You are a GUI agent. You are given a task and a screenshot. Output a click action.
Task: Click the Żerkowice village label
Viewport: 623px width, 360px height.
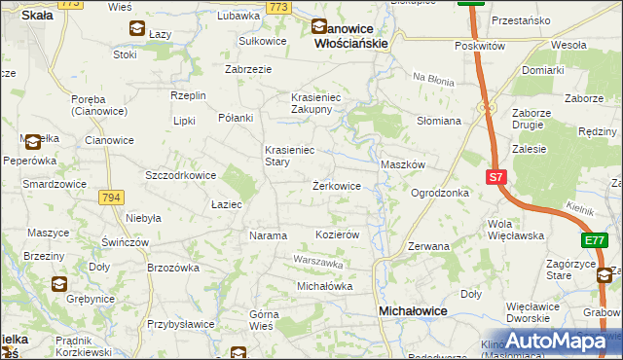[x=337, y=185]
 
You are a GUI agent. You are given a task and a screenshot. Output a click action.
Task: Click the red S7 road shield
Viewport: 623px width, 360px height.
[x=496, y=177]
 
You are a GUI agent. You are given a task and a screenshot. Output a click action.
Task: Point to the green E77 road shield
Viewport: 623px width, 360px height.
[x=596, y=239]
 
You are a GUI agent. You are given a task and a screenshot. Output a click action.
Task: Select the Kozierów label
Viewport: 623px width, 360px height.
[x=339, y=235]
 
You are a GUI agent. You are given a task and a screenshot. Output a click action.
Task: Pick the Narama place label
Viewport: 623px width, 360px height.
[x=269, y=235]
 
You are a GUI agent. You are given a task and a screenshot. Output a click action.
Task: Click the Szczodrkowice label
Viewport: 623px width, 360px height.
[x=180, y=175]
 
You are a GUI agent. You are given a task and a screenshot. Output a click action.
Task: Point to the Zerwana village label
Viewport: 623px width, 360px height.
[x=428, y=246]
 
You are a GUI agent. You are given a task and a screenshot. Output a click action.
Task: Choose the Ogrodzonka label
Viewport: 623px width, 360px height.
[x=440, y=193]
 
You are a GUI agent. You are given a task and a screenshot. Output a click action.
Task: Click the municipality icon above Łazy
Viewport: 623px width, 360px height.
[x=136, y=30]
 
